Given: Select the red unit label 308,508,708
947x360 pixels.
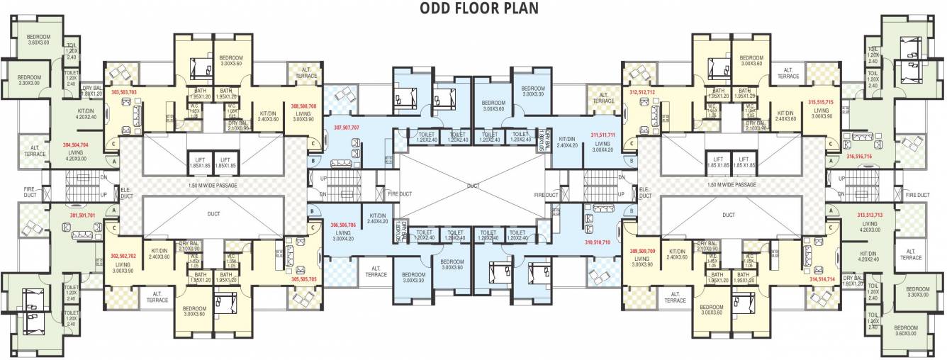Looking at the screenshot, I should pos(304,106).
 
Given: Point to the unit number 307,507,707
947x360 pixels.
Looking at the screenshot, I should pos(347,128).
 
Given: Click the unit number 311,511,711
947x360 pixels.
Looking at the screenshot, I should pos(601,133).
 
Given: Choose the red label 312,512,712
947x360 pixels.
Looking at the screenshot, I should pos(641,92).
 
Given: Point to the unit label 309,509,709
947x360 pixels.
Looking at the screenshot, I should pos(642,251).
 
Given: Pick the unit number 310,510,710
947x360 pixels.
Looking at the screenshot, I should pos(598,242).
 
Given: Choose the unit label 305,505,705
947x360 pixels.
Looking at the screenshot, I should pos(303,279).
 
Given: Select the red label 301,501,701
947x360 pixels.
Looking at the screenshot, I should pos(82,214).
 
